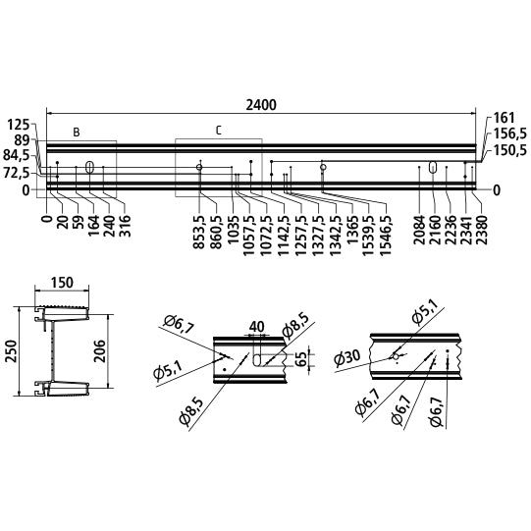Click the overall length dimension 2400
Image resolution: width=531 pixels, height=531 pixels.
[261, 105]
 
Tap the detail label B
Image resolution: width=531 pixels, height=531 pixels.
[77, 133]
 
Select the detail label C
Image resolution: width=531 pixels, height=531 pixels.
[219, 131]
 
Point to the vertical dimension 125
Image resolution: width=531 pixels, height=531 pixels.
[19, 125]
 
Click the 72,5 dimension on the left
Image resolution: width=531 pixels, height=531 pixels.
[17, 174]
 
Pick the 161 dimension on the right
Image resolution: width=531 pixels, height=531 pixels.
[504, 118]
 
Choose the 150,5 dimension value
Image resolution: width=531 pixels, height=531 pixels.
[509, 150]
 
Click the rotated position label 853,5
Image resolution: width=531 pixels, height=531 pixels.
[199, 232]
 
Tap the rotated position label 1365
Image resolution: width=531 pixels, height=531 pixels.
[352, 228]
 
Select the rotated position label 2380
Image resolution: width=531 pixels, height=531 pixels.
[481, 230]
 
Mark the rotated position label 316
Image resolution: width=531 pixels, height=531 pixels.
[125, 226]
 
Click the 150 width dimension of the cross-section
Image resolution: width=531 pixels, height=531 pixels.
[62, 283]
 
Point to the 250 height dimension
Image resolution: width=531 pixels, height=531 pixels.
[11, 351]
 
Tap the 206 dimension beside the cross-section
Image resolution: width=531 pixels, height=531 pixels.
[99, 351]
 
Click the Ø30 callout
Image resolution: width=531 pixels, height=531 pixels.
[347, 357]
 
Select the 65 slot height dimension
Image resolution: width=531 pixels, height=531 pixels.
[300, 359]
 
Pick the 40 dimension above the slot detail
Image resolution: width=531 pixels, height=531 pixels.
[257, 327]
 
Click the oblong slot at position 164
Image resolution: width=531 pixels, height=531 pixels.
[89, 167]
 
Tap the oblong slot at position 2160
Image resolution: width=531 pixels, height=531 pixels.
[433, 167]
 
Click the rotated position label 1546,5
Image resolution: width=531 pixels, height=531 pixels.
[386, 232]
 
